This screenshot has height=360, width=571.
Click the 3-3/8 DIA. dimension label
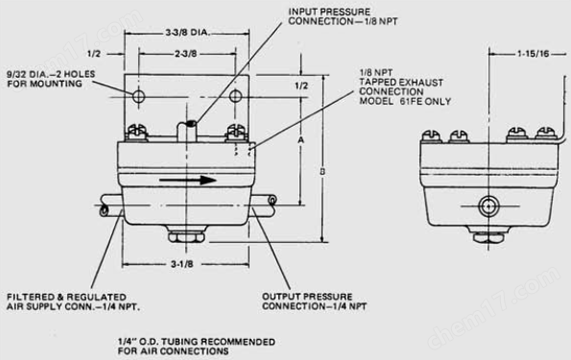pos(188,33)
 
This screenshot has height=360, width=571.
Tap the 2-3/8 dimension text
pos(186,54)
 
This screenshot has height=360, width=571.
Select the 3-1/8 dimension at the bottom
pos(182,264)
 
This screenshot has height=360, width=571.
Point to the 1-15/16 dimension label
pos(534,54)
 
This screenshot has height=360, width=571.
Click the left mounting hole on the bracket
pos(138,97)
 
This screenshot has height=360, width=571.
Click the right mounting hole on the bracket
pos(236,96)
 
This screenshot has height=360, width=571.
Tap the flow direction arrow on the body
pos(188,180)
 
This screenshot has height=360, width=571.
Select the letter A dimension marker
pos(300,140)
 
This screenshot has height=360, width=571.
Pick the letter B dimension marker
pos(322,171)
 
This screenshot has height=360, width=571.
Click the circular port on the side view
pos(488,206)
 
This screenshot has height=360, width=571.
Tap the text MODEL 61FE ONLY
pos(405,102)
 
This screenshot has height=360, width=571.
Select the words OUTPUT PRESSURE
pos(307,297)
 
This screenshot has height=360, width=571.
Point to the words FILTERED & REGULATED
pos(66,297)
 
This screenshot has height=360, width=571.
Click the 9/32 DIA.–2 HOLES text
pos(51,74)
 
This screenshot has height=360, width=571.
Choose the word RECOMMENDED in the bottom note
pos(238,342)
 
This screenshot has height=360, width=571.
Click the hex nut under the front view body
pos(186,237)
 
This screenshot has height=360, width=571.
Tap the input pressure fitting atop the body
pos(187,131)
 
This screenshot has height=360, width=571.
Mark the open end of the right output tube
pos(272,200)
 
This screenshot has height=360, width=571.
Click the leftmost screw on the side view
pos(432,136)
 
